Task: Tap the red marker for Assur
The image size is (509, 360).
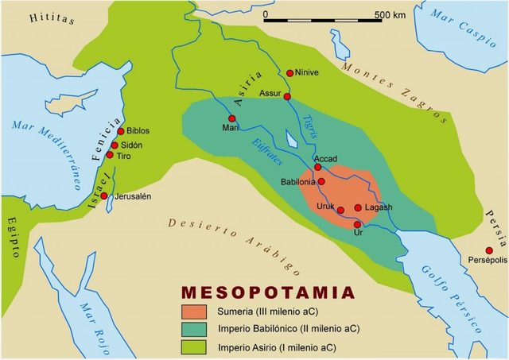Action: tap(287, 97)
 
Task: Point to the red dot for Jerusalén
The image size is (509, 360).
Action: tap(104, 196)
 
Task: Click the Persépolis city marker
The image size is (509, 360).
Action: tap(489, 251)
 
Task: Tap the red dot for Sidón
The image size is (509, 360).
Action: tap(115, 145)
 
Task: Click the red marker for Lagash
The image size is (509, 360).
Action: tap(358, 208)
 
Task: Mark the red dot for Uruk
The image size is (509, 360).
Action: tap(340, 211)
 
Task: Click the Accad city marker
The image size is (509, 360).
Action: tap(318, 168)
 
